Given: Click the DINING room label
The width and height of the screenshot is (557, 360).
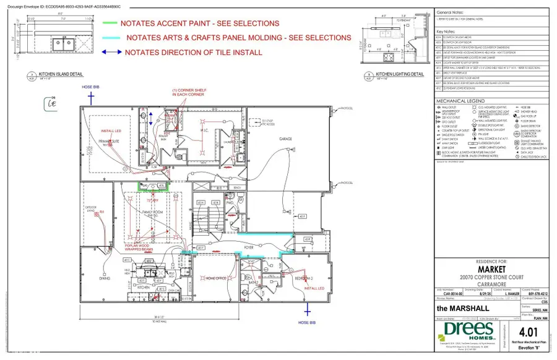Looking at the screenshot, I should pos(104,278).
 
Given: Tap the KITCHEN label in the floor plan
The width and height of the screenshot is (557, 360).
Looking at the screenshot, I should pos(144,288).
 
